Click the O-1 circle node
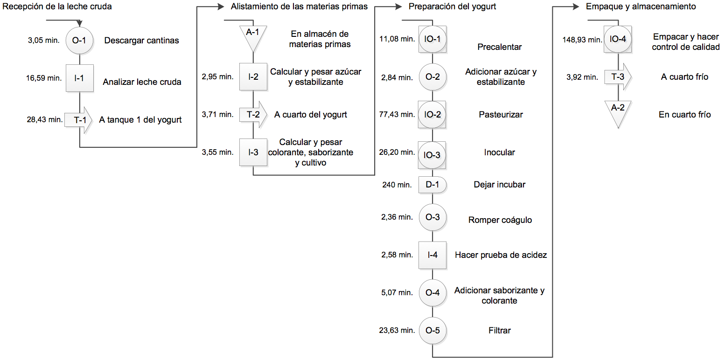(79, 41)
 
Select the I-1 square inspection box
(80, 78)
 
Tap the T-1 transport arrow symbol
(78, 120)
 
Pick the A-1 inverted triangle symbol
(253, 37)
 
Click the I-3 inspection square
(253, 152)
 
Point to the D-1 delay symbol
(432, 185)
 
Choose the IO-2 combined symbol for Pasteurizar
(432, 115)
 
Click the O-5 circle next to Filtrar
(432, 330)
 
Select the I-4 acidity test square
(432, 255)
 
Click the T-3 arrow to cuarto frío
(618, 77)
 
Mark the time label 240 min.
(397, 185)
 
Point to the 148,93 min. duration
(582, 40)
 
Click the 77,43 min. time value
(397, 115)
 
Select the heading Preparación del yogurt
(452, 7)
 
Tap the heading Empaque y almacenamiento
(641, 7)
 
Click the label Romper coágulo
(500, 220)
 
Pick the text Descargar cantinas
(141, 41)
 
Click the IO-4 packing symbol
(618, 39)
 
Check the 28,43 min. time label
(45, 120)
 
